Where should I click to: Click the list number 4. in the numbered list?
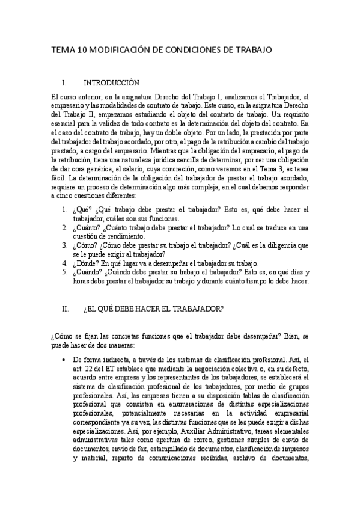(65, 263)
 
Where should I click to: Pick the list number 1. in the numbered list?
(65, 209)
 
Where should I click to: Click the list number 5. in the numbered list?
(65, 272)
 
